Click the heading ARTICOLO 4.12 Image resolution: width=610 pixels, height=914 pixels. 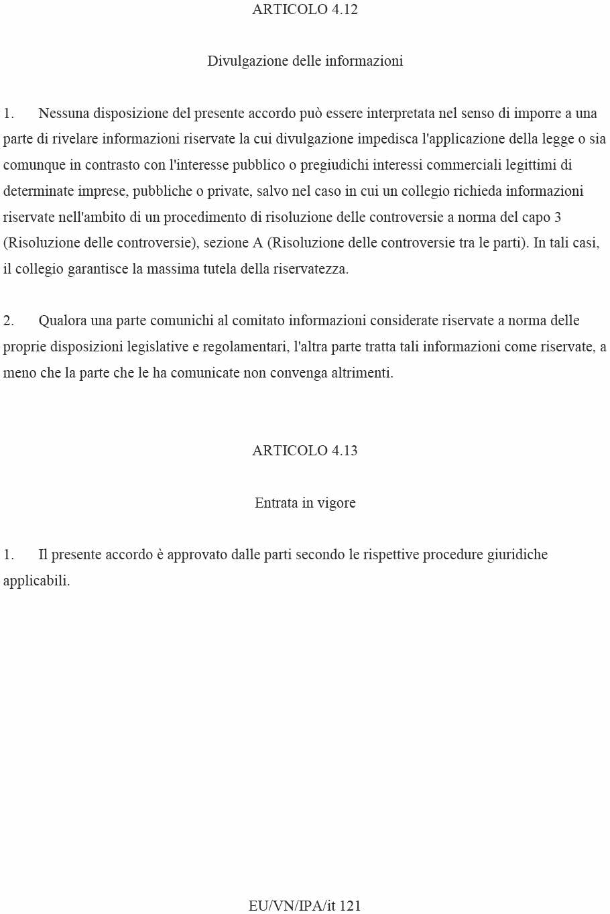pyautogui.click(x=305, y=9)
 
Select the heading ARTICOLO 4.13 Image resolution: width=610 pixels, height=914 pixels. pyautogui.click(x=305, y=451)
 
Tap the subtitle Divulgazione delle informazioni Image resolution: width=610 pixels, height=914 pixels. pyautogui.click(x=305, y=61)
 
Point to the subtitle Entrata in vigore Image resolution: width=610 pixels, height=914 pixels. pyautogui.click(x=305, y=503)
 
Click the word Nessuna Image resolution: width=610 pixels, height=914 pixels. pyautogui.click(x=64, y=113)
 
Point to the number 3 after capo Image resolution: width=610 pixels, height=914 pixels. pyautogui.click(x=557, y=217)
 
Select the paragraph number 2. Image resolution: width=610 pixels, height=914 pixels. pyautogui.click(x=8, y=321)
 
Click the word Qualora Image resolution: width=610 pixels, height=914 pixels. pyautogui.click(x=62, y=321)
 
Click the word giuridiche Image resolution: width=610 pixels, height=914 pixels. pyautogui.click(x=517, y=555)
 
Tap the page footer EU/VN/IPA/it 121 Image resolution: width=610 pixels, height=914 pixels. pyautogui.click(x=305, y=905)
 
